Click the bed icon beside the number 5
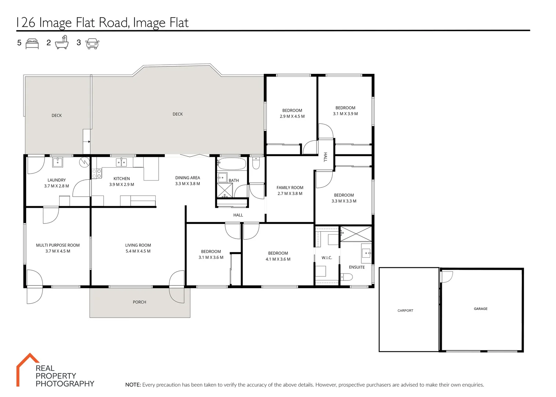pos(32,43)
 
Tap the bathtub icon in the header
pos(62,43)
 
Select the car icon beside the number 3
pos(92,43)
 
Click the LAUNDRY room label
pos(57,180)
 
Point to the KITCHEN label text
pos(122,179)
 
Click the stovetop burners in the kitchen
pos(97,174)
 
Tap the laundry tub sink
pos(58,162)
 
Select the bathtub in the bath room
pos(231,164)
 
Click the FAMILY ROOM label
pos(290,187)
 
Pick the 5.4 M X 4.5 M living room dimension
pos(138,251)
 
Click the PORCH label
pos(139,302)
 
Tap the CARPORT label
pos(405,311)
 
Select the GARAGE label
pos(480,309)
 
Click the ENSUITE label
pos(357,267)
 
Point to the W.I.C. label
pos(326,258)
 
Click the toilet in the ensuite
pos(346,277)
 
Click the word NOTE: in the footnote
pos(133,385)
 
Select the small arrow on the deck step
pos(89,142)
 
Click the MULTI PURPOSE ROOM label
pos(58,245)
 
